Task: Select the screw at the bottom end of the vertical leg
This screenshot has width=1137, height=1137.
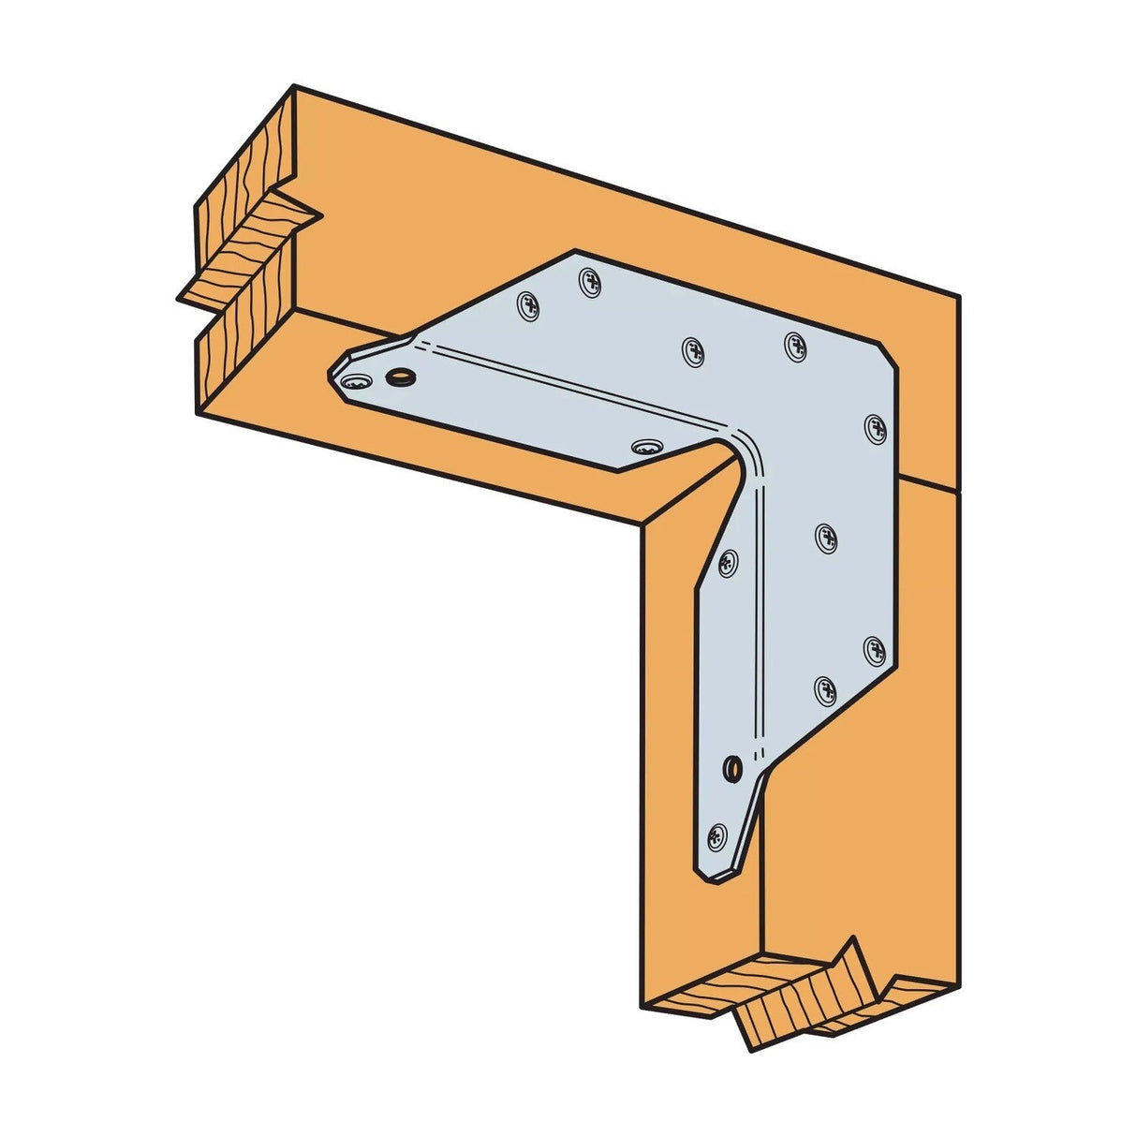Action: [717, 832]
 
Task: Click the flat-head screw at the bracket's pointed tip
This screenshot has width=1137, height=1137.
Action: [355, 382]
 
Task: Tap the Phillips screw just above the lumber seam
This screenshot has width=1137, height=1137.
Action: [875, 427]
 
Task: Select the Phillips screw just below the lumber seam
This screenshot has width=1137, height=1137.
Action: [826, 537]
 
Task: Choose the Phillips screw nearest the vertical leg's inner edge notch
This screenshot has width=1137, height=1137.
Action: [727, 562]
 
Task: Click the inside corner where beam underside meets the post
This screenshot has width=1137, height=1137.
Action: [642, 525]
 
